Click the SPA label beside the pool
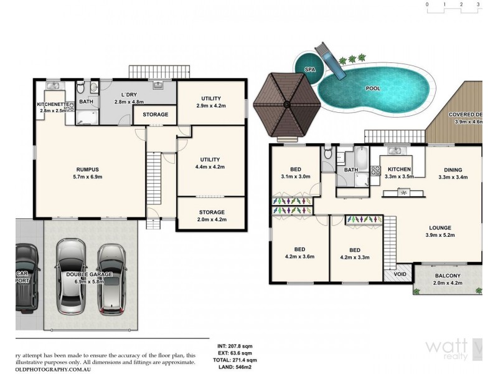click(309, 70)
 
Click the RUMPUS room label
click(88, 170)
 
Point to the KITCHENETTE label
click(52, 104)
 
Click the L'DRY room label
click(128, 95)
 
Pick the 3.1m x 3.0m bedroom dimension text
click(296, 176)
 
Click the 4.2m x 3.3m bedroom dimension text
click(355, 256)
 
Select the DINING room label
click(453, 169)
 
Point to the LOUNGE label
click(439, 228)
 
